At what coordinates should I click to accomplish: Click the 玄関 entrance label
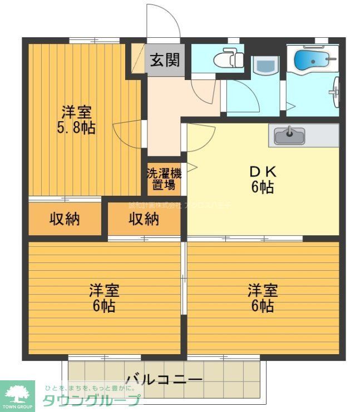(164, 59)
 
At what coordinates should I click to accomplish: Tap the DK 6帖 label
(262, 179)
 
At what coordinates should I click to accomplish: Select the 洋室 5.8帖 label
(77, 120)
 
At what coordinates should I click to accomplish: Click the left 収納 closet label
(65, 220)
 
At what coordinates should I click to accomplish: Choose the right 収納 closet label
(144, 220)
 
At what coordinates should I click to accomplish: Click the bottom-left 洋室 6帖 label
(104, 298)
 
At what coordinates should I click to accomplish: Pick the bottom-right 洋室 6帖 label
(262, 298)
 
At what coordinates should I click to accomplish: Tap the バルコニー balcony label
(164, 379)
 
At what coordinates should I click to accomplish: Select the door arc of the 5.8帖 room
(125, 133)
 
